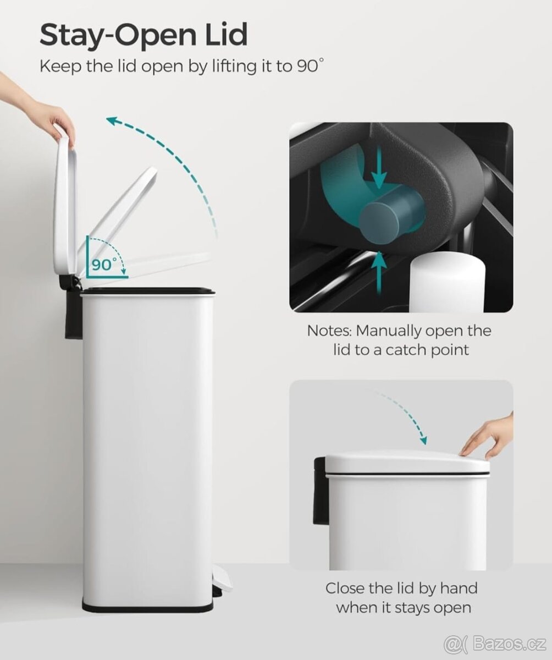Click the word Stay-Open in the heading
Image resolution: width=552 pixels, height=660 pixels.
coord(118,35)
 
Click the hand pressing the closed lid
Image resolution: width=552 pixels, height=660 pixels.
coord(488,436)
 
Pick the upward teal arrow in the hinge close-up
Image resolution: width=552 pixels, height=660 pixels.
coord(379,272)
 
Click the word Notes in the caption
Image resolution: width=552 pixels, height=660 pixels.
coord(329,331)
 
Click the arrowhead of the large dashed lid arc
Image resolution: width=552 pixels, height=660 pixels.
coord(113,121)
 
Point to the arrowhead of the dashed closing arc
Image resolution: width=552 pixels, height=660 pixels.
coord(423,439)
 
